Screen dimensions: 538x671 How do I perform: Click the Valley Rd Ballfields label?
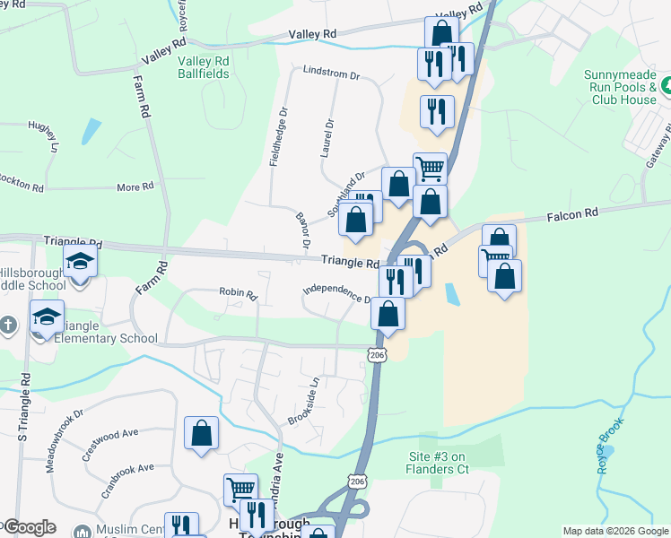click(203, 67)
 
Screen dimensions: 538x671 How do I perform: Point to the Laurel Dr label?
click(328, 139)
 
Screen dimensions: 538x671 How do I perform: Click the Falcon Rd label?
click(572, 214)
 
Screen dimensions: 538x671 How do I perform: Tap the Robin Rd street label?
click(239, 292)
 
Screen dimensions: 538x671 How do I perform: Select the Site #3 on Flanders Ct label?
click(439, 463)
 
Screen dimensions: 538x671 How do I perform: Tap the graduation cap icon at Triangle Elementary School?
click(48, 316)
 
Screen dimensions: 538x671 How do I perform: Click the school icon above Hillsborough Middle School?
click(80, 261)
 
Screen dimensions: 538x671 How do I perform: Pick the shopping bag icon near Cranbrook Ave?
click(202, 432)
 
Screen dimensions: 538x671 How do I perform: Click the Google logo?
click(30, 527)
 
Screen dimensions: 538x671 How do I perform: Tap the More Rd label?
click(135, 187)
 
